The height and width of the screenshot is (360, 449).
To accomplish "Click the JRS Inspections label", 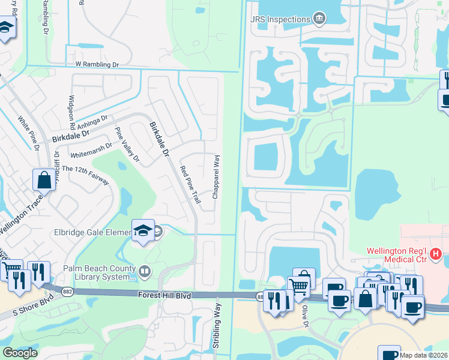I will [x=280, y=19].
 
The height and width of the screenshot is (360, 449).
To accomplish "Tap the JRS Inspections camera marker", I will [x=319, y=19].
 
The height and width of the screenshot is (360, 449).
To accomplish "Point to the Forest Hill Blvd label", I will [x=164, y=295].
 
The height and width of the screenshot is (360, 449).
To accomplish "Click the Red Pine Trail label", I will [x=190, y=185].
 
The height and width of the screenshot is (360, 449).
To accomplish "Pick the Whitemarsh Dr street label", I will [x=91, y=146].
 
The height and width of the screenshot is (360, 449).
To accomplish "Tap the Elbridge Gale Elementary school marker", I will [x=143, y=232].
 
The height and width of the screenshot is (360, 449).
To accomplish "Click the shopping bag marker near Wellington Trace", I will [x=44, y=179].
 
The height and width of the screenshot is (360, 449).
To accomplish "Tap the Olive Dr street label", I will [x=305, y=314].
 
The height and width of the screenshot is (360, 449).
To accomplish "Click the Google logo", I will [x=19, y=353].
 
